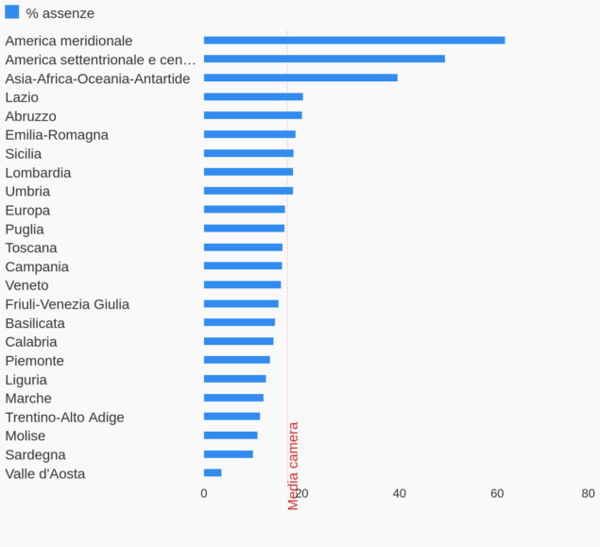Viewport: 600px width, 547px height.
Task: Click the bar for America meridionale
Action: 354,41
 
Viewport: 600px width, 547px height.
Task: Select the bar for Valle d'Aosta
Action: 213,472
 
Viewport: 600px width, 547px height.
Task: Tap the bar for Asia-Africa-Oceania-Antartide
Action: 300,77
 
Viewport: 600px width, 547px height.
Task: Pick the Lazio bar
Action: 253,96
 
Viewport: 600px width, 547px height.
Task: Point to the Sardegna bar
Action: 229,454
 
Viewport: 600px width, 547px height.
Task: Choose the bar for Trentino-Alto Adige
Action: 231,417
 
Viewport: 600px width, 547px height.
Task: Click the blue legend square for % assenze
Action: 12,12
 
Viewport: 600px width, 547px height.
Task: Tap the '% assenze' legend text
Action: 60,13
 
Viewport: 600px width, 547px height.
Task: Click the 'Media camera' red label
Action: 293,466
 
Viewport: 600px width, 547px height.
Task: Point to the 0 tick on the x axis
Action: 204,493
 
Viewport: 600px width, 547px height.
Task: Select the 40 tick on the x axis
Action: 399,493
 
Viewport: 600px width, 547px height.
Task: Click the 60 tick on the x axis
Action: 497,493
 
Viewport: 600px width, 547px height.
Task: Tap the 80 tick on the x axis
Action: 589,493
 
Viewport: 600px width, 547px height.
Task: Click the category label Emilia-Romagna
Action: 57,135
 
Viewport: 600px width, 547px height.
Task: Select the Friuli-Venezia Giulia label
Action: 67,304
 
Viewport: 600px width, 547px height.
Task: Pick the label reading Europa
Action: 27,211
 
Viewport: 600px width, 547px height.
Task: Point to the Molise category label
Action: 26,436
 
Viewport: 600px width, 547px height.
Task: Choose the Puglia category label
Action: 25,230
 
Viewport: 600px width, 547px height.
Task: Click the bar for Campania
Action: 243,266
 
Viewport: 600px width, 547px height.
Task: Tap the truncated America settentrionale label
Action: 100,60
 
